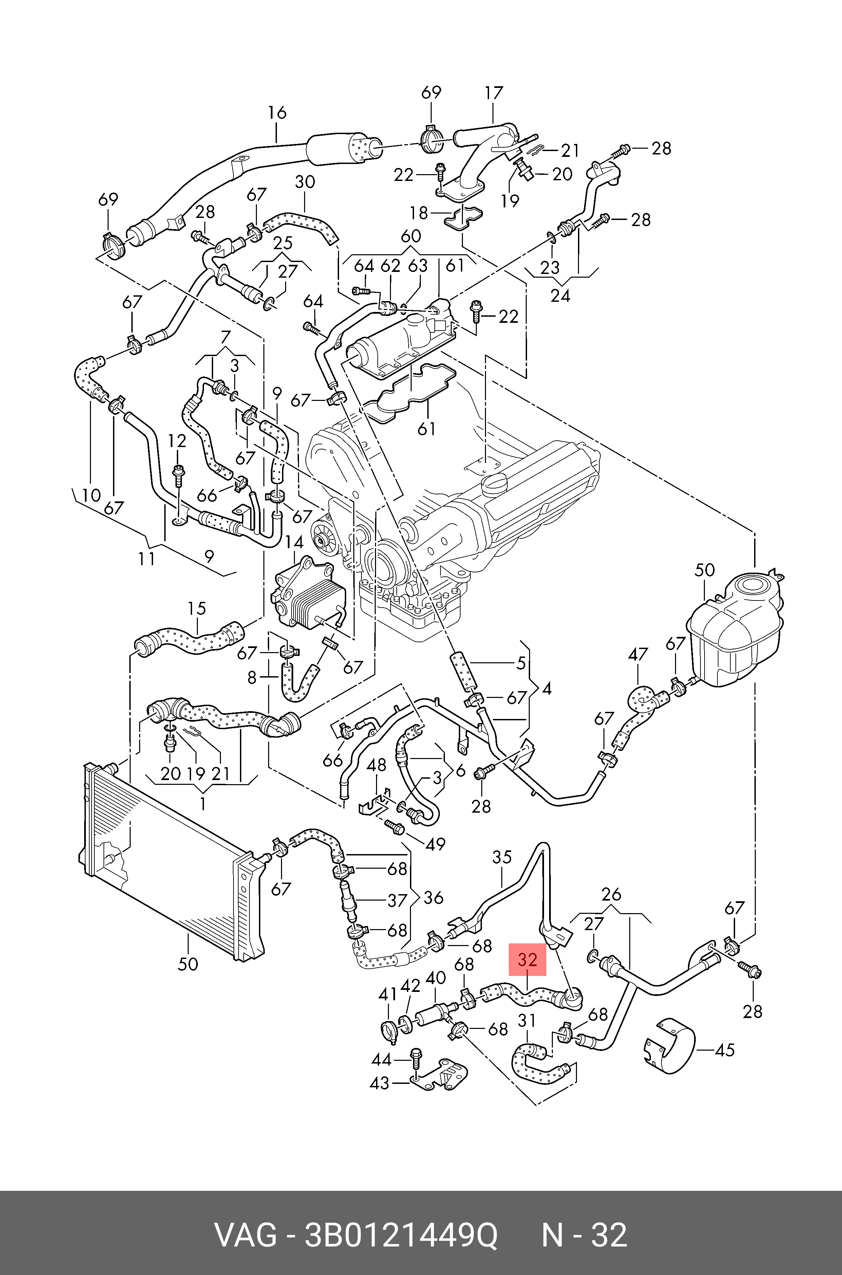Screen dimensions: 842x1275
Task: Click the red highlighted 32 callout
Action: click(x=527, y=960)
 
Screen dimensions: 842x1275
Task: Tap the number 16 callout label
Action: click(x=277, y=113)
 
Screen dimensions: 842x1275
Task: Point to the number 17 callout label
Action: click(x=493, y=93)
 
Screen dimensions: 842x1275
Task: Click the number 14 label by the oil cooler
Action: click(x=294, y=542)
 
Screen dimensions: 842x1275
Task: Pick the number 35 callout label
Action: click(x=502, y=857)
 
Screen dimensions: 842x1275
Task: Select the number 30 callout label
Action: click(x=305, y=182)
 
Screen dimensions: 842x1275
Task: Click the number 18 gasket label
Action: click(x=418, y=213)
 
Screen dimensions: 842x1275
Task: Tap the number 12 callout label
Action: click(x=177, y=441)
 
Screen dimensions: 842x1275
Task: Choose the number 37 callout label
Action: click(x=397, y=901)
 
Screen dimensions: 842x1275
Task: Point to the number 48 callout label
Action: click(x=376, y=765)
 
